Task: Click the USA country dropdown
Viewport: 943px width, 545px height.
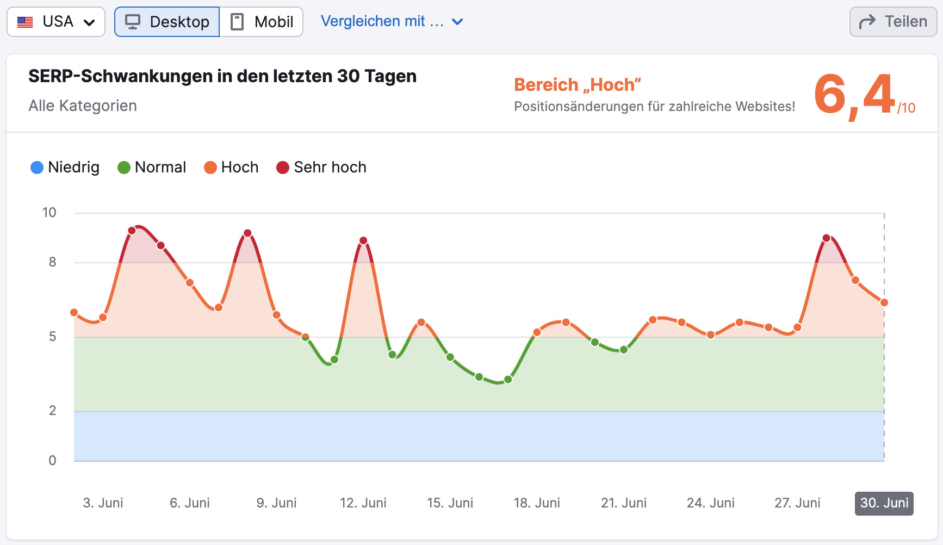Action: pyautogui.click(x=56, y=22)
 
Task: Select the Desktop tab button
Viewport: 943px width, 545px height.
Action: pyautogui.click(x=167, y=22)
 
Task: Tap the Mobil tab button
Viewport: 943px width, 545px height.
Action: pyautogui.click(x=262, y=22)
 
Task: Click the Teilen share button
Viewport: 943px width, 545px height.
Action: pyautogui.click(x=893, y=22)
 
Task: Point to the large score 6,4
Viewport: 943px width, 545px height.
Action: pyautogui.click(x=855, y=95)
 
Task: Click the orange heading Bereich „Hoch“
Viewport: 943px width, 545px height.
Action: pyautogui.click(x=578, y=85)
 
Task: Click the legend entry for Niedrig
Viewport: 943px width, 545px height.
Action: pyautogui.click(x=65, y=168)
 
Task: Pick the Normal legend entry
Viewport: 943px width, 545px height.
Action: pyautogui.click(x=152, y=168)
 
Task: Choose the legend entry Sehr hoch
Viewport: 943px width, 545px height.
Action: pyautogui.click(x=321, y=168)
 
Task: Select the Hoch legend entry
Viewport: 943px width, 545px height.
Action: pyautogui.click(x=231, y=168)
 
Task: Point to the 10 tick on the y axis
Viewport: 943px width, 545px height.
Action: pyautogui.click(x=49, y=213)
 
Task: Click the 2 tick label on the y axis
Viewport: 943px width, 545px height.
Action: pyautogui.click(x=52, y=411)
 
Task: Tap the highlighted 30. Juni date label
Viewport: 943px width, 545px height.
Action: pyautogui.click(x=884, y=503)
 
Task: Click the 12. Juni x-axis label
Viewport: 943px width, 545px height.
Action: pyautogui.click(x=363, y=503)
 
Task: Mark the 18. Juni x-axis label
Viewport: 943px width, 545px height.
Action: pyautogui.click(x=537, y=503)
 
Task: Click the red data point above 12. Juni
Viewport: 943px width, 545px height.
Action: pyautogui.click(x=363, y=240)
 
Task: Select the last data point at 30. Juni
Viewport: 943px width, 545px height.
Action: pyautogui.click(x=884, y=302)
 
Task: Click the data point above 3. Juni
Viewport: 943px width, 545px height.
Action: pyautogui.click(x=103, y=318)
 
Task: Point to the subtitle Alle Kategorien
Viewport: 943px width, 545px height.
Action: pyautogui.click(x=83, y=106)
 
